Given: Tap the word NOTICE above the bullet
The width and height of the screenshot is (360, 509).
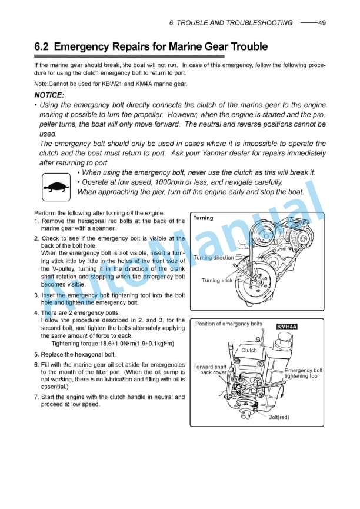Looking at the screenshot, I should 49,95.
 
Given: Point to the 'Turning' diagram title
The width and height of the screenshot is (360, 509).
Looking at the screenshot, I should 204,218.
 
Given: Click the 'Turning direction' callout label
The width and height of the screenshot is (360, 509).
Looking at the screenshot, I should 214,258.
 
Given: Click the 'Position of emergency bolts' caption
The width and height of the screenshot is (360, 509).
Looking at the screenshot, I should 228,324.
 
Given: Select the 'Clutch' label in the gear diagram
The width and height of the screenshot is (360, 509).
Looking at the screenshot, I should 249,350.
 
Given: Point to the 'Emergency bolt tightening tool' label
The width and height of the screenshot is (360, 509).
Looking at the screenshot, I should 302,373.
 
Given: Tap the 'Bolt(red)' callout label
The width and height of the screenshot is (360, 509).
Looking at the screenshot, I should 279,417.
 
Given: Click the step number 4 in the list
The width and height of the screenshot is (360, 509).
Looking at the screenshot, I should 36,312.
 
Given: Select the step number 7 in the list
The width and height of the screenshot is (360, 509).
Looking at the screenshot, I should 36,397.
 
